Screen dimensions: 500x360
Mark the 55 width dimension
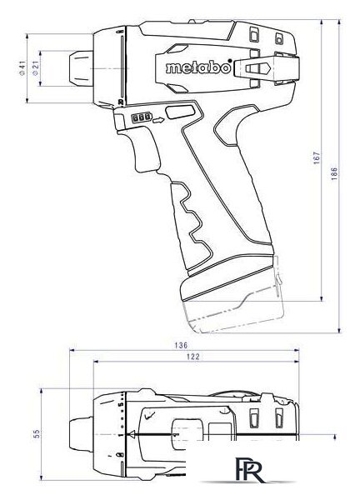click(36, 433)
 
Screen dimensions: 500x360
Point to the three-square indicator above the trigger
click(139, 119)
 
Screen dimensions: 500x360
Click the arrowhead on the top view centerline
click(129, 434)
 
